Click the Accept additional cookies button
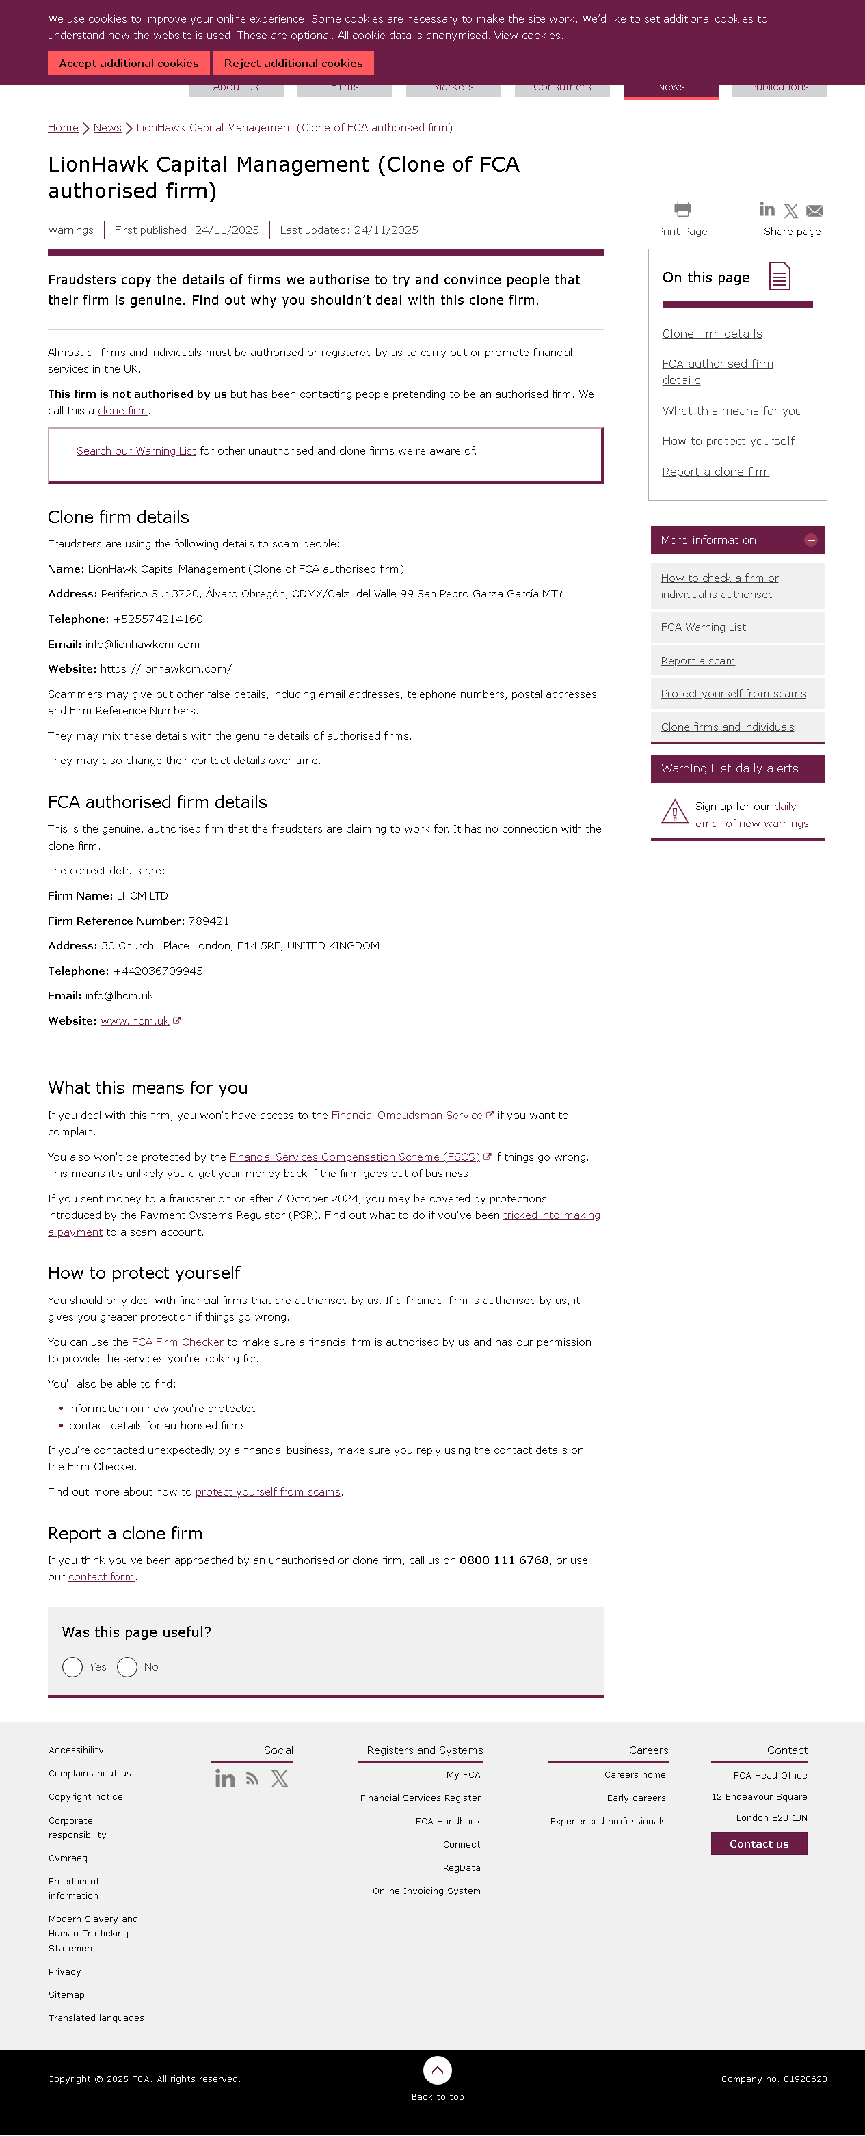pyautogui.click(x=129, y=63)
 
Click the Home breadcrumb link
pyautogui.click(x=63, y=128)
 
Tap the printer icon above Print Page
pyautogui.click(x=682, y=209)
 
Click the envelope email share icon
pyautogui.click(x=814, y=211)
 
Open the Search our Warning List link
pyautogui.click(x=136, y=451)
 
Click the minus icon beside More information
pyautogui.click(x=810, y=541)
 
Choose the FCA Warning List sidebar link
pyautogui.click(x=703, y=627)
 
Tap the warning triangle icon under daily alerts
pyautogui.click(x=674, y=812)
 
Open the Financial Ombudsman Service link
pyautogui.click(x=406, y=1116)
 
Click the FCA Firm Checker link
pyautogui.click(x=178, y=1342)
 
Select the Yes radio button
pyautogui.click(x=73, y=1666)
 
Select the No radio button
pyautogui.click(x=127, y=1666)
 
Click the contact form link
pyautogui.click(x=101, y=1577)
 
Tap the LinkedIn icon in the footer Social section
pyautogui.click(x=225, y=1779)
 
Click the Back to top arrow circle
pyautogui.click(x=437, y=2070)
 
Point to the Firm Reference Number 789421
pyautogui.click(x=208, y=921)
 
